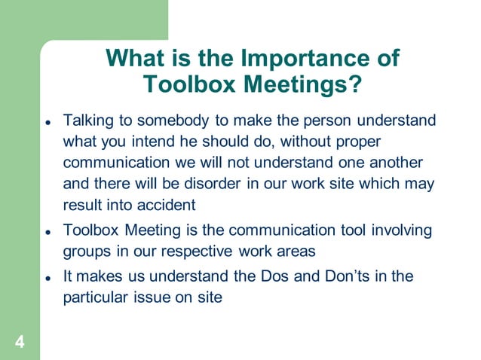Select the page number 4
[20, 343]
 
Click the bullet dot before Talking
[47, 122]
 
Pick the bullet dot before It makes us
[47, 278]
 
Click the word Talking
[87, 121]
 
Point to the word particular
[93, 297]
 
